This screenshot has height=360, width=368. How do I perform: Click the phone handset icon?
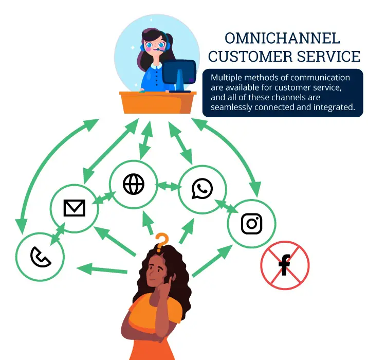pyautogui.click(x=40, y=257)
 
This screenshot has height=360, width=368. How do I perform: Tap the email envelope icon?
pyautogui.click(x=74, y=208)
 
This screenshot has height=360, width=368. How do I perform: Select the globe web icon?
pyautogui.click(x=134, y=184)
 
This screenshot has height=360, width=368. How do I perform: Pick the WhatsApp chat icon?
pyautogui.click(x=202, y=188)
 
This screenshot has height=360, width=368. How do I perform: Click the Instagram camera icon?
pyautogui.click(x=252, y=223)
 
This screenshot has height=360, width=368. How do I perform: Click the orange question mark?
pyautogui.click(x=162, y=240)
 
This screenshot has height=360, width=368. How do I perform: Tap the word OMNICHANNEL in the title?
pyautogui.click(x=283, y=39)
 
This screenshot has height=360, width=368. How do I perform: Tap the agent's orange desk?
pyautogui.click(x=157, y=102)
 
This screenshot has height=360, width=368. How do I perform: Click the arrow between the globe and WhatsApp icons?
pyautogui.click(x=168, y=186)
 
